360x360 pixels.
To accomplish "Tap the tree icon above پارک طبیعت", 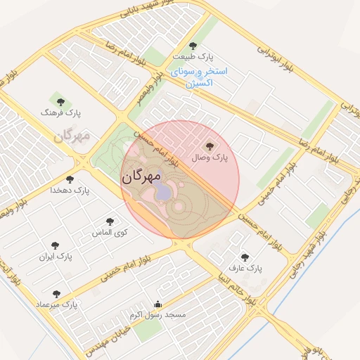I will point(193,46).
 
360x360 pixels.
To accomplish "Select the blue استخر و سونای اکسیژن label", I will point(199,77).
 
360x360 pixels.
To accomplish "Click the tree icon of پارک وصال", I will point(209,146).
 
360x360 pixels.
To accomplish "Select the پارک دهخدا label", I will point(70,190).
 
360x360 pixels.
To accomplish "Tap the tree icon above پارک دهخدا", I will point(70,179).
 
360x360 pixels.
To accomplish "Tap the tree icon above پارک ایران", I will point(55,245).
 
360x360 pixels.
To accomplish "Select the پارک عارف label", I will point(245,268).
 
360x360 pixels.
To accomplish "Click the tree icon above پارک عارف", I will point(245,257).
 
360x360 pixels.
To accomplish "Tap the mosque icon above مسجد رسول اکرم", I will point(157,304).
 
